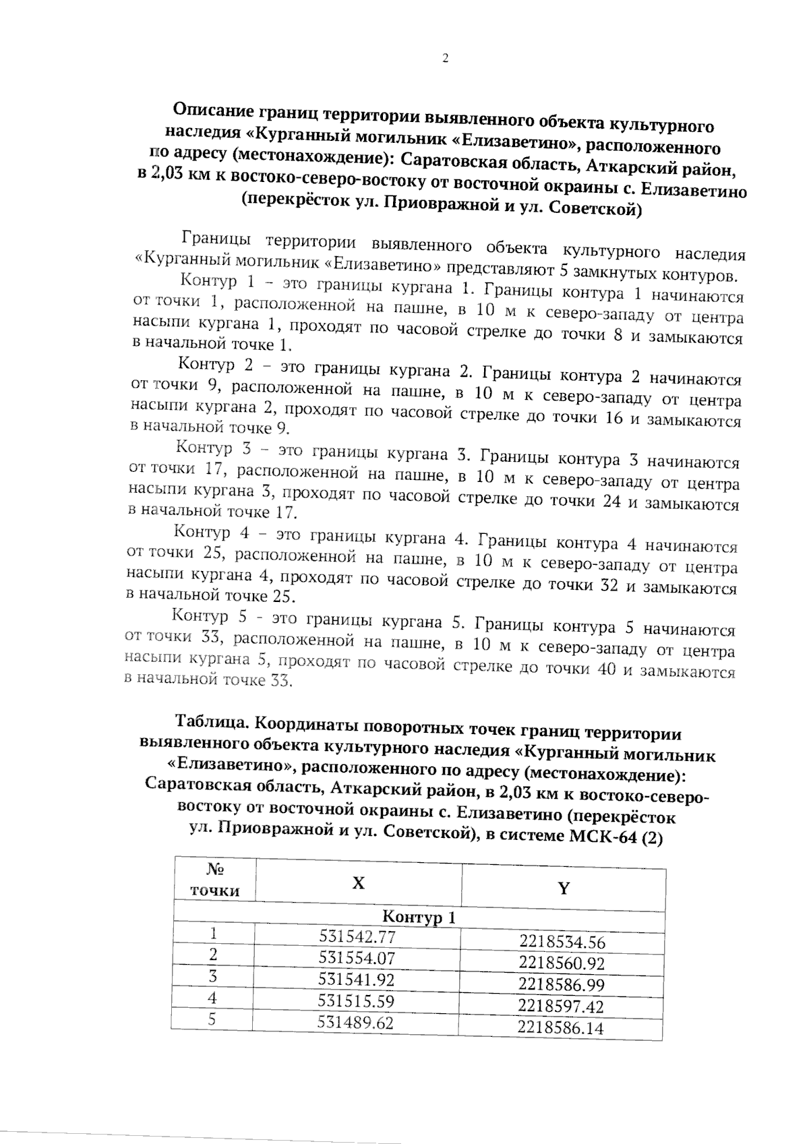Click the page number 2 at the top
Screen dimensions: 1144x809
click(x=445, y=59)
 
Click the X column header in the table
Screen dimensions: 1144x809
click(x=359, y=882)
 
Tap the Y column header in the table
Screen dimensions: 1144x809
click(x=564, y=888)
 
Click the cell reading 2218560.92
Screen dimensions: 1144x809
click(x=562, y=963)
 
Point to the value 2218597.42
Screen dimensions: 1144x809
click(x=561, y=1006)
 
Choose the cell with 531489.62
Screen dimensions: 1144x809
click(x=355, y=1023)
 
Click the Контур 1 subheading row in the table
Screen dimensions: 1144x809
click(x=419, y=917)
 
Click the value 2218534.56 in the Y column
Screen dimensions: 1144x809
click(x=562, y=942)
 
